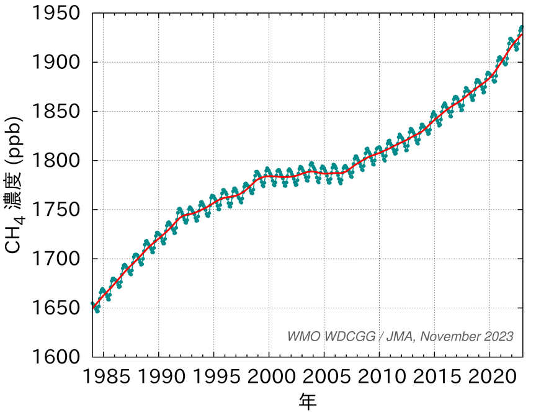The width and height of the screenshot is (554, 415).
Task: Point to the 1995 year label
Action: click(x=213, y=376)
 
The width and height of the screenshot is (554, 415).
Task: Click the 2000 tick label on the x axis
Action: click(x=269, y=376)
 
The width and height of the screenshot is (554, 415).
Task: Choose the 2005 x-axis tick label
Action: click(x=324, y=376)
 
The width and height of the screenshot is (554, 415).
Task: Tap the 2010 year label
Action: click(x=379, y=376)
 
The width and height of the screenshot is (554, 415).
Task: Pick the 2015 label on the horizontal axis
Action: click(x=434, y=376)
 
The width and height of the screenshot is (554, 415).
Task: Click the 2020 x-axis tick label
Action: click(x=489, y=376)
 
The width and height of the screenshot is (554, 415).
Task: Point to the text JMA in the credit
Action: click(x=403, y=336)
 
